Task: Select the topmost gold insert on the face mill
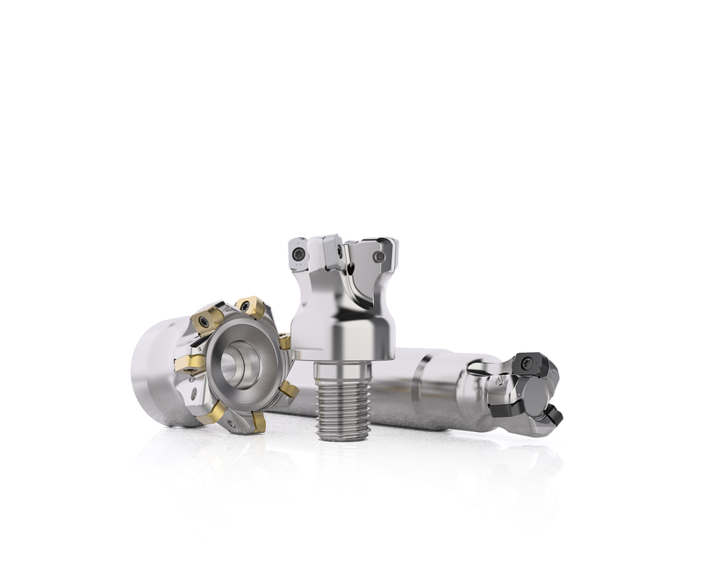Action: [x=251, y=307]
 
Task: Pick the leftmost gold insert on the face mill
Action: [x=190, y=363]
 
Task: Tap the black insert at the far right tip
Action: [x=554, y=414]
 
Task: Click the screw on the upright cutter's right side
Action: [x=378, y=256]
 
